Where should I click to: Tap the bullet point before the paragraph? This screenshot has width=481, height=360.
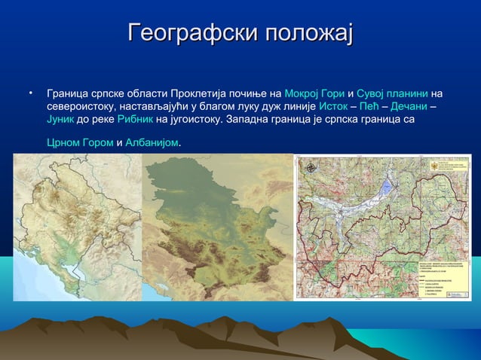pyautogui.click(x=31, y=93)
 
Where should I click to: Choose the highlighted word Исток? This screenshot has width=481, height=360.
pyautogui.click(x=333, y=107)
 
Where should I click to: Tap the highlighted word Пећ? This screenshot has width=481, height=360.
pyautogui.click(x=369, y=107)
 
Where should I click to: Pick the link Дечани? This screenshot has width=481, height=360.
pyautogui.click(x=409, y=107)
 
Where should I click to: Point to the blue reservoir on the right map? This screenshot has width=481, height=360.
pyautogui.click(x=386, y=189)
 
